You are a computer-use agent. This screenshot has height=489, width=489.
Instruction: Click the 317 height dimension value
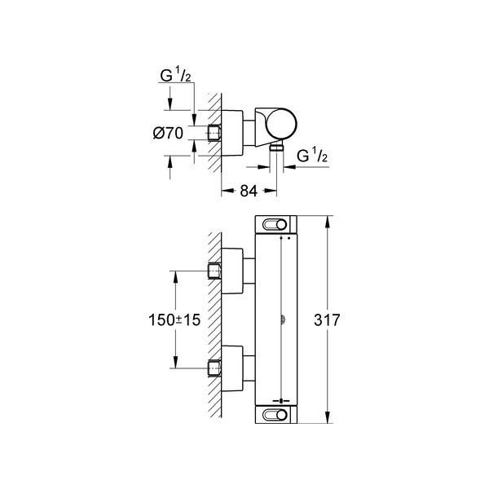pyautogui.click(x=327, y=320)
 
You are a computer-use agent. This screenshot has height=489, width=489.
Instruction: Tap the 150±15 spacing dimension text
pyautogui.click(x=174, y=320)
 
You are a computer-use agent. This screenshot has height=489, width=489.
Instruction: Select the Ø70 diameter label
pyautogui.click(x=168, y=133)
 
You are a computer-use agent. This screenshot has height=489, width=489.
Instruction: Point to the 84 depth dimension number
pyautogui.click(x=249, y=191)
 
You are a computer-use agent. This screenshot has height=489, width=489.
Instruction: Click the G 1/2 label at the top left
pyautogui.click(x=175, y=75)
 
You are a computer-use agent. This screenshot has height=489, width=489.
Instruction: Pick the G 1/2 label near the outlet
pyautogui.click(x=312, y=155)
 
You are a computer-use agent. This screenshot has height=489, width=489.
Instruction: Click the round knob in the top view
pyautogui.click(x=281, y=124)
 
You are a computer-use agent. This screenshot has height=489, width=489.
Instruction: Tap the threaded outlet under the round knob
pyautogui.click(x=276, y=148)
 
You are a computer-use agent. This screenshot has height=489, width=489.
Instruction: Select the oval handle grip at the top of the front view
pyautogui.click(x=275, y=225)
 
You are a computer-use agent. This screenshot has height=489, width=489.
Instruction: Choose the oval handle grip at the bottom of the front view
pyautogui.click(x=275, y=415)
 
